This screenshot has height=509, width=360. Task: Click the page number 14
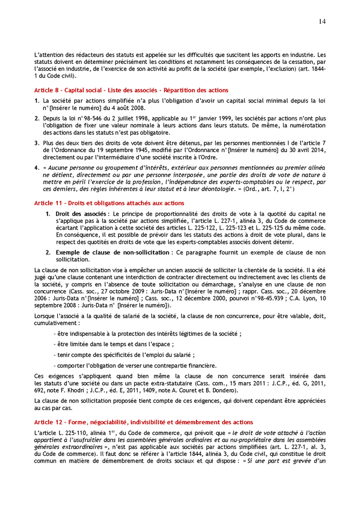(x=322, y=21)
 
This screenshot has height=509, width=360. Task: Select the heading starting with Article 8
(x=131, y=90)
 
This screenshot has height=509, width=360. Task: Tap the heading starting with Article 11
(x=109, y=202)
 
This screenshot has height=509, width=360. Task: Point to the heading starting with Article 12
(x=144, y=422)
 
